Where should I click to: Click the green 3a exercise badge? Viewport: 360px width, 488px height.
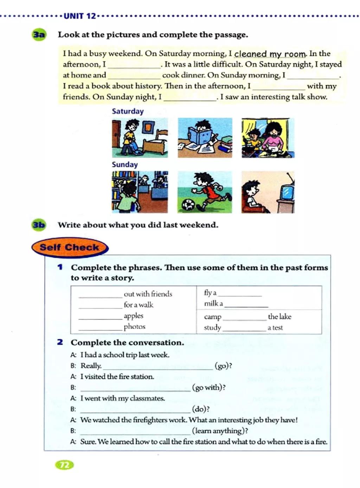click(39, 34)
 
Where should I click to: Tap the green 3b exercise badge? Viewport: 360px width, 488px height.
click(39, 224)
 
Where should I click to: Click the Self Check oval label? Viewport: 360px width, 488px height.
click(70, 247)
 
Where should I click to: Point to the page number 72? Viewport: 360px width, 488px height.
click(64, 465)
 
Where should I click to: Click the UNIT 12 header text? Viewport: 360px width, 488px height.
click(80, 16)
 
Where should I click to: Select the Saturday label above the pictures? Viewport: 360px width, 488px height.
click(128, 111)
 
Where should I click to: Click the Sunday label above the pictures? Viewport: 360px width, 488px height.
click(125, 164)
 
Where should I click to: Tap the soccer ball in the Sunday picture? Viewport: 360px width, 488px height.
click(188, 204)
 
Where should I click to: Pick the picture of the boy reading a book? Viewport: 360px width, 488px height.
click(205, 138)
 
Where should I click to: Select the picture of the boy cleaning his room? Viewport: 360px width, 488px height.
click(140, 138)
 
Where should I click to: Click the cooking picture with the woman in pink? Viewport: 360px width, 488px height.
click(268, 138)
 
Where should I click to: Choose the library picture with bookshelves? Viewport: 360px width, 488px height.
click(140, 192)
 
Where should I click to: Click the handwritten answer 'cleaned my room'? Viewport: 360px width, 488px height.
click(270, 54)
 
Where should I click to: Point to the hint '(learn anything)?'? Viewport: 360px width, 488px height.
click(220, 431)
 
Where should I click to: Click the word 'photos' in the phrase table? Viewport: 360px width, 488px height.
click(134, 327)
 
